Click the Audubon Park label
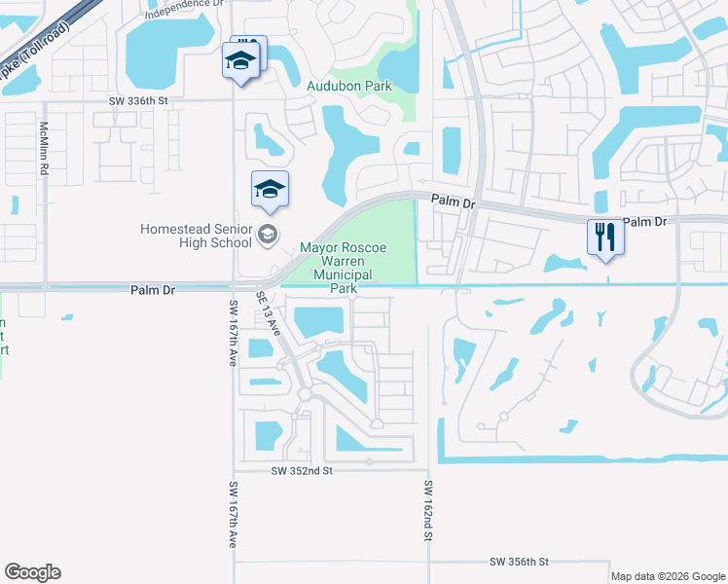click(348, 87)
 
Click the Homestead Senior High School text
click(196, 236)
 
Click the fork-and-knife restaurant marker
click(604, 237)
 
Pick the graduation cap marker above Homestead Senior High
click(270, 189)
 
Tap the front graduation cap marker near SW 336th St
click(239, 62)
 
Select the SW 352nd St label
click(303, 470)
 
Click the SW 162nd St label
click(427, 510)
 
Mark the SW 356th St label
click(520, 563)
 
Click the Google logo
click(32, 572)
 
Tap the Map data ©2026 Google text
click(668, 576)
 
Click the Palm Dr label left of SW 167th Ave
click(152, 290)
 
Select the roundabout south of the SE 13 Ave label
click(304, 395)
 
